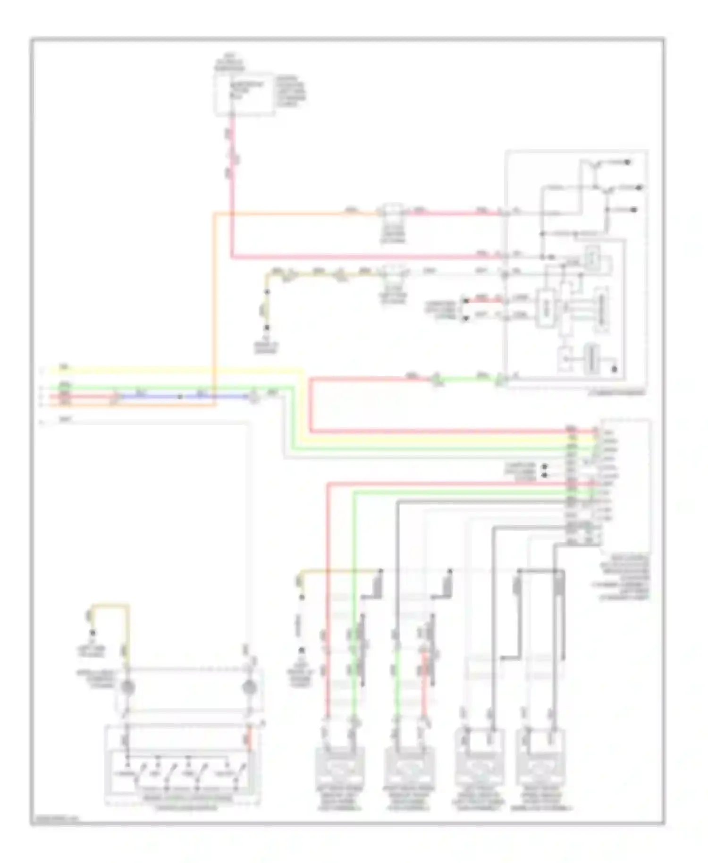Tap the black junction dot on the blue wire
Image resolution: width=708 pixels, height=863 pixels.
[180, 397]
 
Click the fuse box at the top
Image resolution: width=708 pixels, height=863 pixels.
[244, 94]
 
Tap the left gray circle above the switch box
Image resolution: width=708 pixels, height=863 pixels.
[126, 688]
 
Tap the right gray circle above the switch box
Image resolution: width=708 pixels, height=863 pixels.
[247, 688]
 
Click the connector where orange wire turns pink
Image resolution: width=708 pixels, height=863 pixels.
[393, 213]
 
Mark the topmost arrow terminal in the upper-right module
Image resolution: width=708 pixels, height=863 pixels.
[628, 162]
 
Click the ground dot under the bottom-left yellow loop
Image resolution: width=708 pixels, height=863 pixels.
[93, 633]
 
